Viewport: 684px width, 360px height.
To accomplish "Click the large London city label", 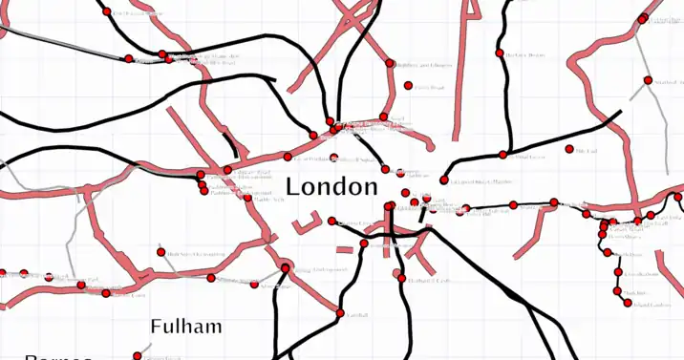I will [331, 186].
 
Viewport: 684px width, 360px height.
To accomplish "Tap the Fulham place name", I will [186, 327].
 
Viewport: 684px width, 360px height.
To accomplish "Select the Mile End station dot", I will [569, 149].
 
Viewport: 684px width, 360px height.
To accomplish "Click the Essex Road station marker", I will [408, 86].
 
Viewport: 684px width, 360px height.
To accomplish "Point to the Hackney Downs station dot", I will [498, 53].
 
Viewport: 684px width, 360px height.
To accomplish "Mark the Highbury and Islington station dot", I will [390, 63].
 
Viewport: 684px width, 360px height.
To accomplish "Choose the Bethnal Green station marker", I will [503, 155].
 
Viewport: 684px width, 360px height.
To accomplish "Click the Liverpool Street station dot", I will [443, 180].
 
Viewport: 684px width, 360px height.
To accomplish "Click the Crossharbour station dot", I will [618, 290].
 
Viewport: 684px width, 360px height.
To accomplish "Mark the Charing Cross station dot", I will [331, 222].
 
